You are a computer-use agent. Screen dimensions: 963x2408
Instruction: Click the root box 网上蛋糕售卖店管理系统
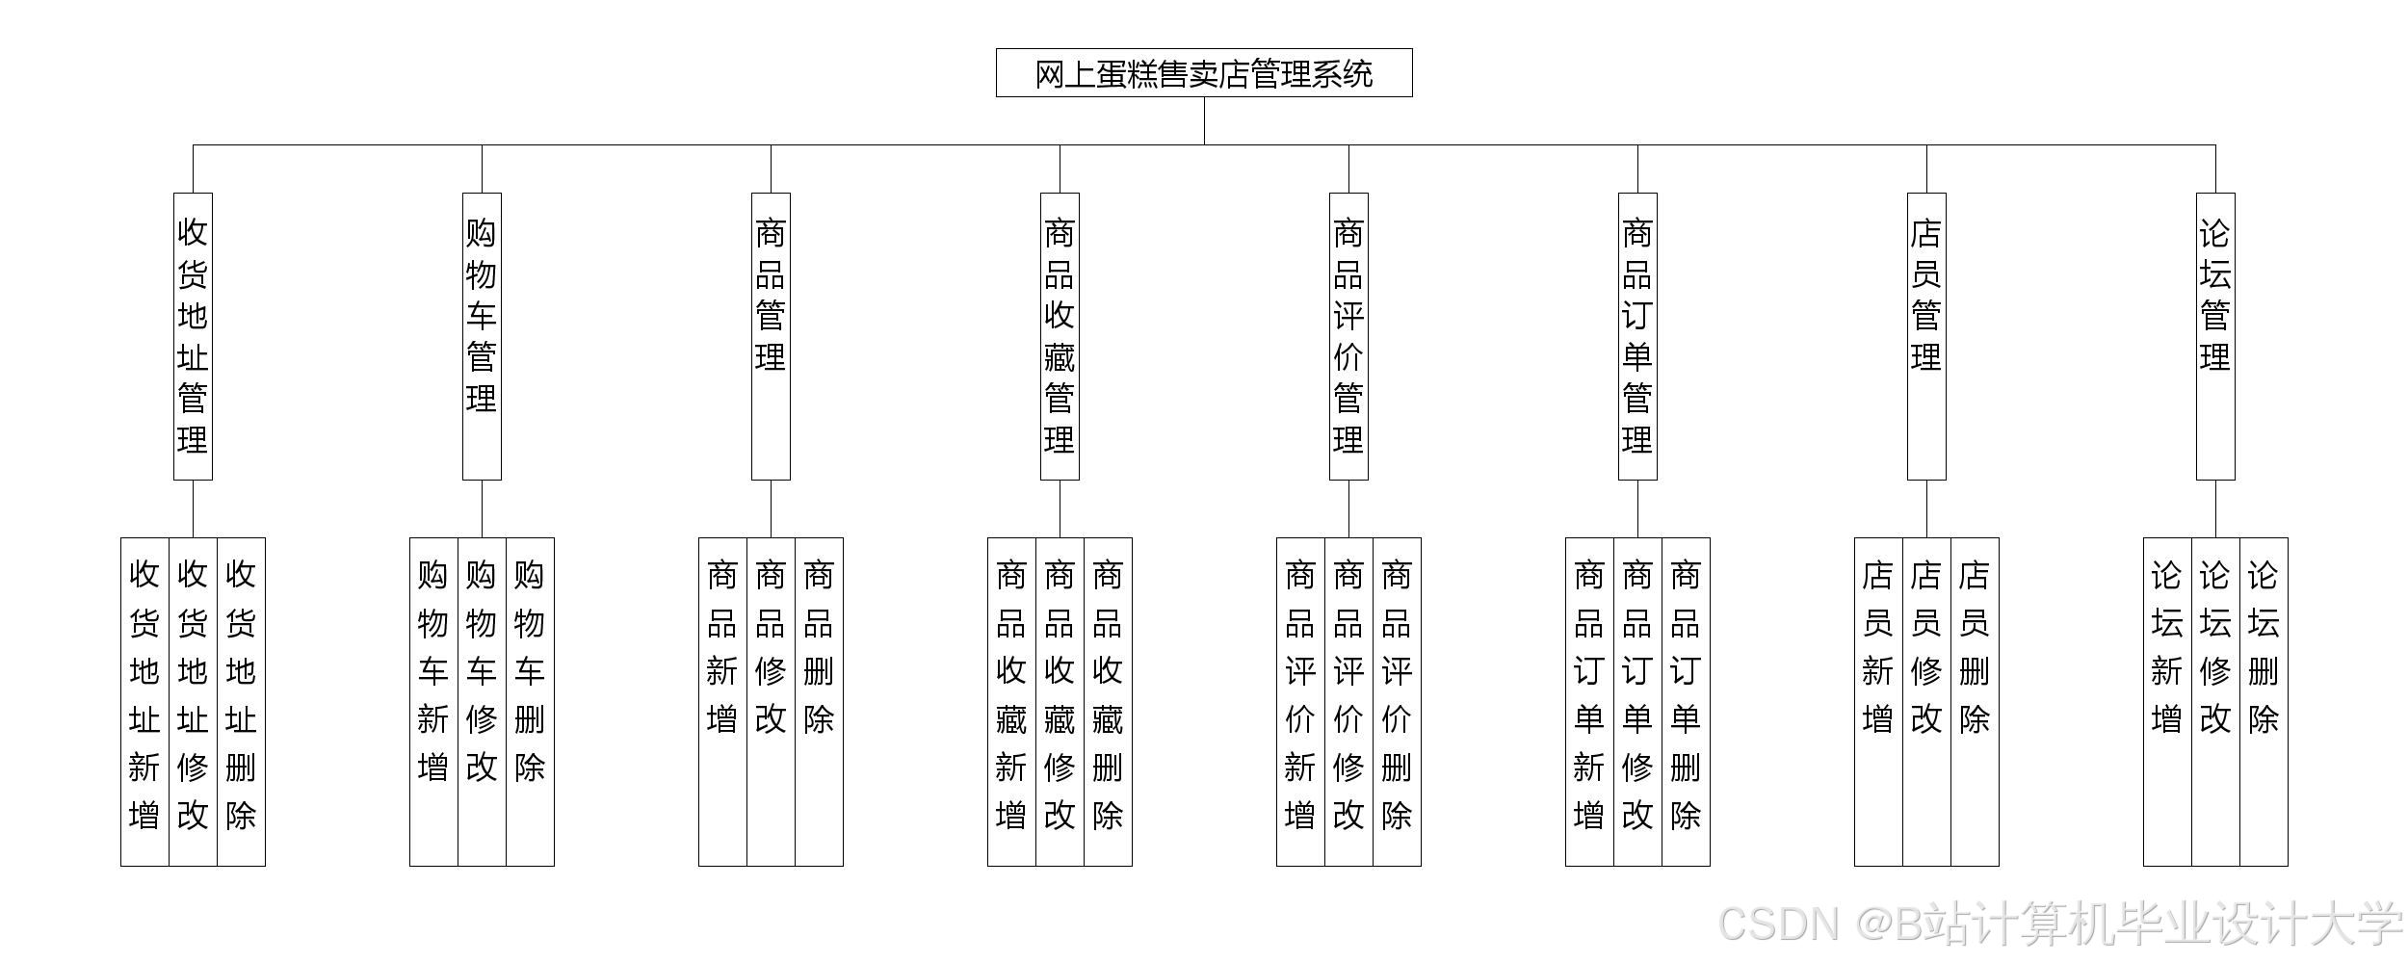click(x=1204, y=73)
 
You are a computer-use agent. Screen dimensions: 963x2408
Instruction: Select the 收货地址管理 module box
click(x=193, y=336)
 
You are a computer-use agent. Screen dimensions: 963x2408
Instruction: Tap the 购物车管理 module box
click(x=482, y=336)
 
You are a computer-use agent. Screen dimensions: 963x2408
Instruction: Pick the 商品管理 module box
click(x=771, y=336)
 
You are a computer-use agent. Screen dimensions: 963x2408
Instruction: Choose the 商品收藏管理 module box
click(x=1060, y=336)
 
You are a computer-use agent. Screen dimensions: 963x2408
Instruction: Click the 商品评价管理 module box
click(x=1348, y=336)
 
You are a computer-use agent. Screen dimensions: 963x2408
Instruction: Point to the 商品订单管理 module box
click(x=1637, y=336)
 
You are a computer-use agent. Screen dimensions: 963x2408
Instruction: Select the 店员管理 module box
click(x=1926, y=336)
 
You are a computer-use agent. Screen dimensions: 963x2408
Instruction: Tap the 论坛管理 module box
click(x=2215, y=336)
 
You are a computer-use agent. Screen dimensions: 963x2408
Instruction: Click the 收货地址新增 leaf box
click(x=144, y=701)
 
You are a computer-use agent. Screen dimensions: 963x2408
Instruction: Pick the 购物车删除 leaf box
click(x=530, y=701)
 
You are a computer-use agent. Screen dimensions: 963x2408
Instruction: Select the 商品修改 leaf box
click(x=771, y=701)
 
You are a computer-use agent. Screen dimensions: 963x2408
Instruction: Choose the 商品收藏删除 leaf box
click(x=1108, y=701)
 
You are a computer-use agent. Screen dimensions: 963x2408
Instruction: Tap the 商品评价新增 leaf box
click(x=1300, y=701)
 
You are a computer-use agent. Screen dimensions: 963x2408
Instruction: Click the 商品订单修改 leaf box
click(x=1637, y=701)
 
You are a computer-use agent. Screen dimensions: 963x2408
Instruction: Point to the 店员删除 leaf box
click(x=1975, y=701)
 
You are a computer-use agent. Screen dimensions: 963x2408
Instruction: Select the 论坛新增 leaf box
click(x=2167, y=701)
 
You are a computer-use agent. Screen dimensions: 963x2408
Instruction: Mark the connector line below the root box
click(x=1204, y=121)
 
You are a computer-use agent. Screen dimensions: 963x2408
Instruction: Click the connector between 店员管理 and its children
click(x=1926, y=508)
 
